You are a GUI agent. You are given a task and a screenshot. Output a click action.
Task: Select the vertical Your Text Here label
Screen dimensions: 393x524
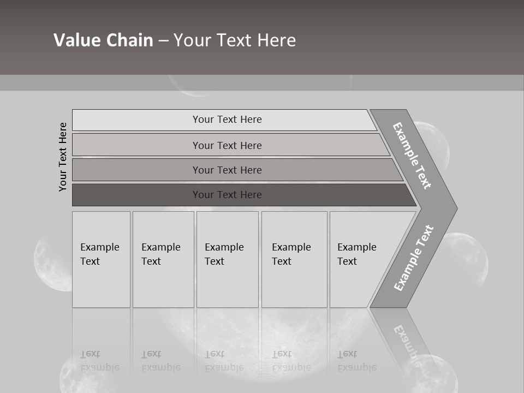coord(63,157)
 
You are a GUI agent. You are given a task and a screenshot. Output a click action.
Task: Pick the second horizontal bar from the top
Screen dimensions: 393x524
coord(227,145)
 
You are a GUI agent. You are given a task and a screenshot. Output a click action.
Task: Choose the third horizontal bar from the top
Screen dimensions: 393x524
coord(227,170)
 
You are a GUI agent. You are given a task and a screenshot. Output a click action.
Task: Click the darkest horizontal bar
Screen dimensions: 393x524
coord(227,195)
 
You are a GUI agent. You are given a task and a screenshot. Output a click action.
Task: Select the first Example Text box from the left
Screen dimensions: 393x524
coord(101,259)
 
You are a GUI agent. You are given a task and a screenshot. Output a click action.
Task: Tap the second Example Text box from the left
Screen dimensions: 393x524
coord(163,259)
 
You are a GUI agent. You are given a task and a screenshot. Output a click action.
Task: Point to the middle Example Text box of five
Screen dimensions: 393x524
coord(227,259)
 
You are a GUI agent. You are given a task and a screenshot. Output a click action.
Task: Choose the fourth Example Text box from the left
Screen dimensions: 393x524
coord(294,259)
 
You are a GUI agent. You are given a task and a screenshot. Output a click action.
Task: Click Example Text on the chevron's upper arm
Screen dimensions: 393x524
coord(412,156)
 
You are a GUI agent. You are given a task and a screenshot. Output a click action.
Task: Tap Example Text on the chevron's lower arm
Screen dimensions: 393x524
coord(414,258)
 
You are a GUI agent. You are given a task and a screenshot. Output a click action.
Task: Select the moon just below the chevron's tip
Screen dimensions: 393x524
coord(467,257)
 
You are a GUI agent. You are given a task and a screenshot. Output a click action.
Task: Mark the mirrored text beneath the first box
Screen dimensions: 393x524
coord(100,361)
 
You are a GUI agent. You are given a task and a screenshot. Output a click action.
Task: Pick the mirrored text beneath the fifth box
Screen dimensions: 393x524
coord(356,361)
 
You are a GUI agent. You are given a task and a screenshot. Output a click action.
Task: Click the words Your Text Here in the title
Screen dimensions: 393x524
coord(235,40)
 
